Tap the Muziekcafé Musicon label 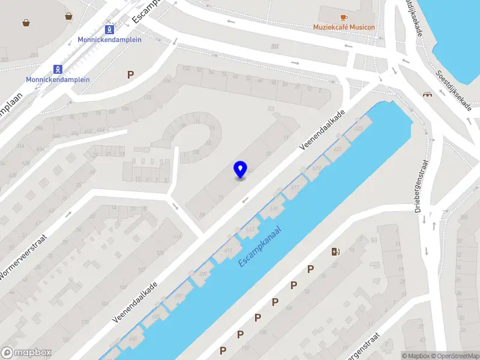click(343, 27)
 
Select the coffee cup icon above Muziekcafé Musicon click(344, 17)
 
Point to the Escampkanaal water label click(260, 246)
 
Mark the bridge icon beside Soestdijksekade click(428, 95)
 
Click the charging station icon click(335, 251)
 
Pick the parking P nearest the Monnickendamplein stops click(130, 74)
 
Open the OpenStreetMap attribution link click(458, 356)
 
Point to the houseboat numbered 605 click(156, 316)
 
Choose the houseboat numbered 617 click(295, 187)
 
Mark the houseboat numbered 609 click(202, 274)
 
